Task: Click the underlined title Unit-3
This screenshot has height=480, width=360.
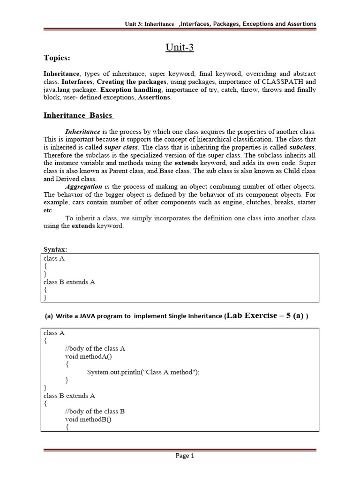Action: coord(180,47)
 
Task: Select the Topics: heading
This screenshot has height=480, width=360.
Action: coord(57,58)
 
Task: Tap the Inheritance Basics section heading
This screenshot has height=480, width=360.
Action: coord(78,115)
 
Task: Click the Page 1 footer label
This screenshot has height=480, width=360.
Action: coord(185,456)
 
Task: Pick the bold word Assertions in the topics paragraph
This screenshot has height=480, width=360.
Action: coord(154,97)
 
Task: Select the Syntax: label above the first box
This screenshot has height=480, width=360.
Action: coord(55,249)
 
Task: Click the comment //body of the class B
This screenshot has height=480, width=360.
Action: coord(95,411)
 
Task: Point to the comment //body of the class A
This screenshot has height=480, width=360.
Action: coord(95,348)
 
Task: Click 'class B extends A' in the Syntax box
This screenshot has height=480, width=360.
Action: coord(69,282)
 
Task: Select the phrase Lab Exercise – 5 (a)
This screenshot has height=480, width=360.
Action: coord(264,315)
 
